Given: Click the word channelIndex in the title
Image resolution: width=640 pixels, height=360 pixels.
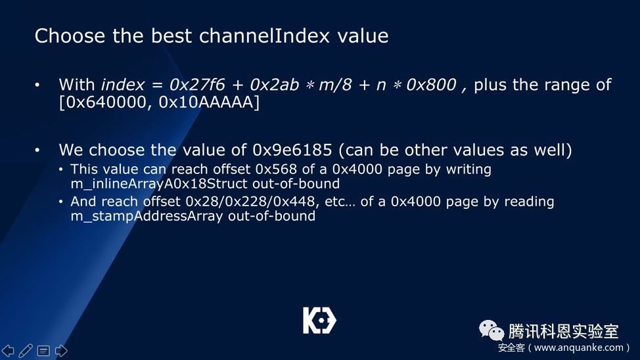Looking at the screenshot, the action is tap(264, 35).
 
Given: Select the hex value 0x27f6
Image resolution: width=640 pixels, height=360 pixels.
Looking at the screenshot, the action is tap(197, 85).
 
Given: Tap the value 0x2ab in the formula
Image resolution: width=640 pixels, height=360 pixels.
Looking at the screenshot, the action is tap(274, 85).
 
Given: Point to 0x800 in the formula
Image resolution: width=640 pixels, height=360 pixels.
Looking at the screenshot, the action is tap(431, 85).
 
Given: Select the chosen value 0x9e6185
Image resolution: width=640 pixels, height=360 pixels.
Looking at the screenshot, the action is tap(292, 150).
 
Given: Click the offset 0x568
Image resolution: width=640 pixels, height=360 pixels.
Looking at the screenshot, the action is tap(276, 169).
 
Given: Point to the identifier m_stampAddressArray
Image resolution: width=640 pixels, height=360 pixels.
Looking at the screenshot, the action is tap(147, 216).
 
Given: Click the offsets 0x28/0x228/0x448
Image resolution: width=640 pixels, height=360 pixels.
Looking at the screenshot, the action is tap(250, 201).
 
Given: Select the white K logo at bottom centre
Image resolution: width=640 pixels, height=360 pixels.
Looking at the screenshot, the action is tap(319, 321).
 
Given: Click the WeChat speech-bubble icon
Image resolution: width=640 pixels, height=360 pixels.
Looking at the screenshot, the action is tap(491, 330).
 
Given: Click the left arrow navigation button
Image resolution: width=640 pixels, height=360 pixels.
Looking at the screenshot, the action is tap(8, 351).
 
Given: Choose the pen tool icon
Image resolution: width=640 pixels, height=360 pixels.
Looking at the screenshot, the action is tap(26, 351).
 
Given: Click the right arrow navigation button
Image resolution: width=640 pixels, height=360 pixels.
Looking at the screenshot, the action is tap(61, 351).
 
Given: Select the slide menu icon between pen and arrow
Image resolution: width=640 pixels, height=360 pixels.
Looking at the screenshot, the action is tap(43, 351).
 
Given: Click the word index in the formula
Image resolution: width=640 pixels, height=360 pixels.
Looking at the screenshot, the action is tap(122, 85).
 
